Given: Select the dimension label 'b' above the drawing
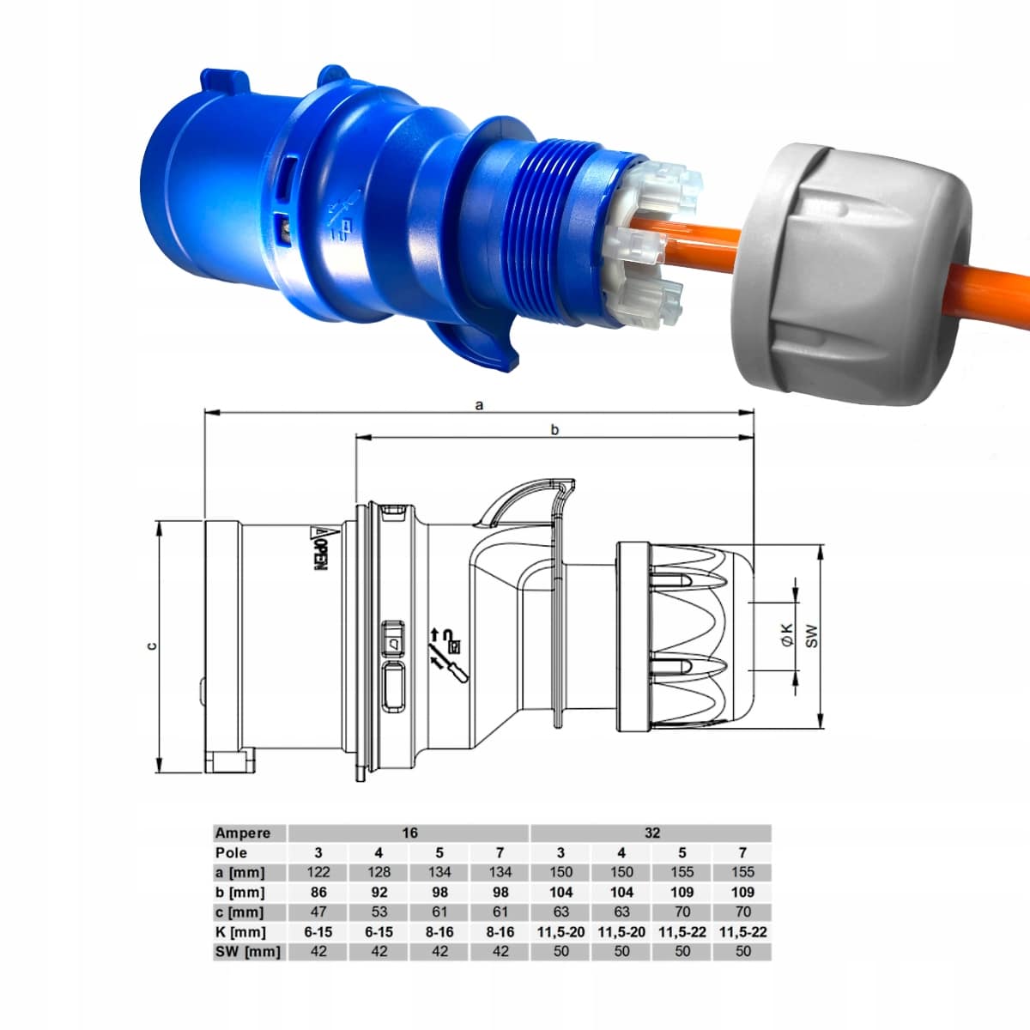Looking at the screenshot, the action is pyautogui.click(x=554, y=429).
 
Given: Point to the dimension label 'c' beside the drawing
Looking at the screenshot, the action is pyautogui.click(x=152, y=646).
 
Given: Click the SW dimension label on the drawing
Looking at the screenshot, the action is pyautogui.click(x=811, y=635).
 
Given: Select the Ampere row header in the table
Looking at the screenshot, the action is pyautogui.click(x=242, y=833).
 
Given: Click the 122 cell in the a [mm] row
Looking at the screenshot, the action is pyautogui.click(x=318, y=873).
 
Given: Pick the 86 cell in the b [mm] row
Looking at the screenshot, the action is pyautogui.click(x=318, y=893).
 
